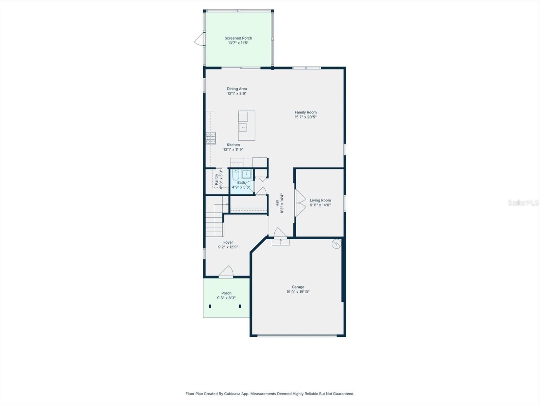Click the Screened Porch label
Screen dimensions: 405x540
click(x=238, y=38)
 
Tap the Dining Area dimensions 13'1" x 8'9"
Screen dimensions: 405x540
click(x=237, y=93)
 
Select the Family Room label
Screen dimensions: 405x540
click(x=305, y=112)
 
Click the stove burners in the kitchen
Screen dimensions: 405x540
click(x=211, y=138)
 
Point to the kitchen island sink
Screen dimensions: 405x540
click(x=243, y=127)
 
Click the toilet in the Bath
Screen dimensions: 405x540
click(x=236, y=174)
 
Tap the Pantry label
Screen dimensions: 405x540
click(x=216, y=179)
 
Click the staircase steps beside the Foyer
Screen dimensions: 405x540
click(x=215, y=223)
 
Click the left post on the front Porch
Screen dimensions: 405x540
click(x=210, y=306)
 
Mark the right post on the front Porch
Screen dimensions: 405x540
click(x=240, y=306)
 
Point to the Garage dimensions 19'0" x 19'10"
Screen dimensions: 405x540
click(x=298, y=292)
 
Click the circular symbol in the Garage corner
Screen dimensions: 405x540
click(x=336, y=244)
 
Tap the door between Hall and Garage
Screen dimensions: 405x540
click(x=280, y=234)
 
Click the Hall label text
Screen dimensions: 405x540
click(x=277, y=203)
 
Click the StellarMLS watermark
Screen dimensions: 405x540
click(x=523, y=202)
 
